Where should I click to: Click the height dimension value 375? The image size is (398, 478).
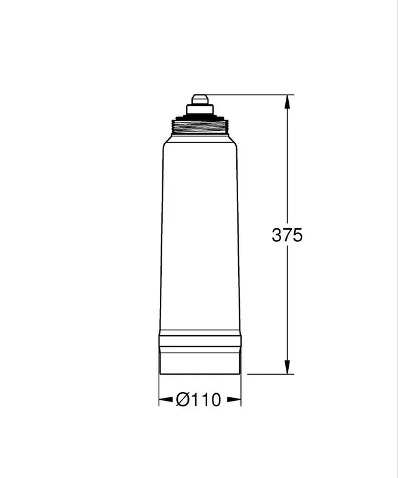pos(287,235)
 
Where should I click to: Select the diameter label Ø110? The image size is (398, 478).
pos(199,400)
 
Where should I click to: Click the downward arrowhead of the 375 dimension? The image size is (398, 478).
pos(287,367)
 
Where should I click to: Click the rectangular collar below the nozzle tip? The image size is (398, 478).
pos(199,108)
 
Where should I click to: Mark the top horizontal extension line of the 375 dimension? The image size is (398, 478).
pos(251,94)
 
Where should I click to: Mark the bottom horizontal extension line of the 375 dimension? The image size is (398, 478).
pos(269,374)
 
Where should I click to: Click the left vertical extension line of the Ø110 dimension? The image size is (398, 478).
pos(159,391)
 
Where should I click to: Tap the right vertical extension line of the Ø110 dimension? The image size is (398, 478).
pos(241,391)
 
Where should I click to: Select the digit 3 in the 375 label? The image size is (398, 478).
pos(276,235)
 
